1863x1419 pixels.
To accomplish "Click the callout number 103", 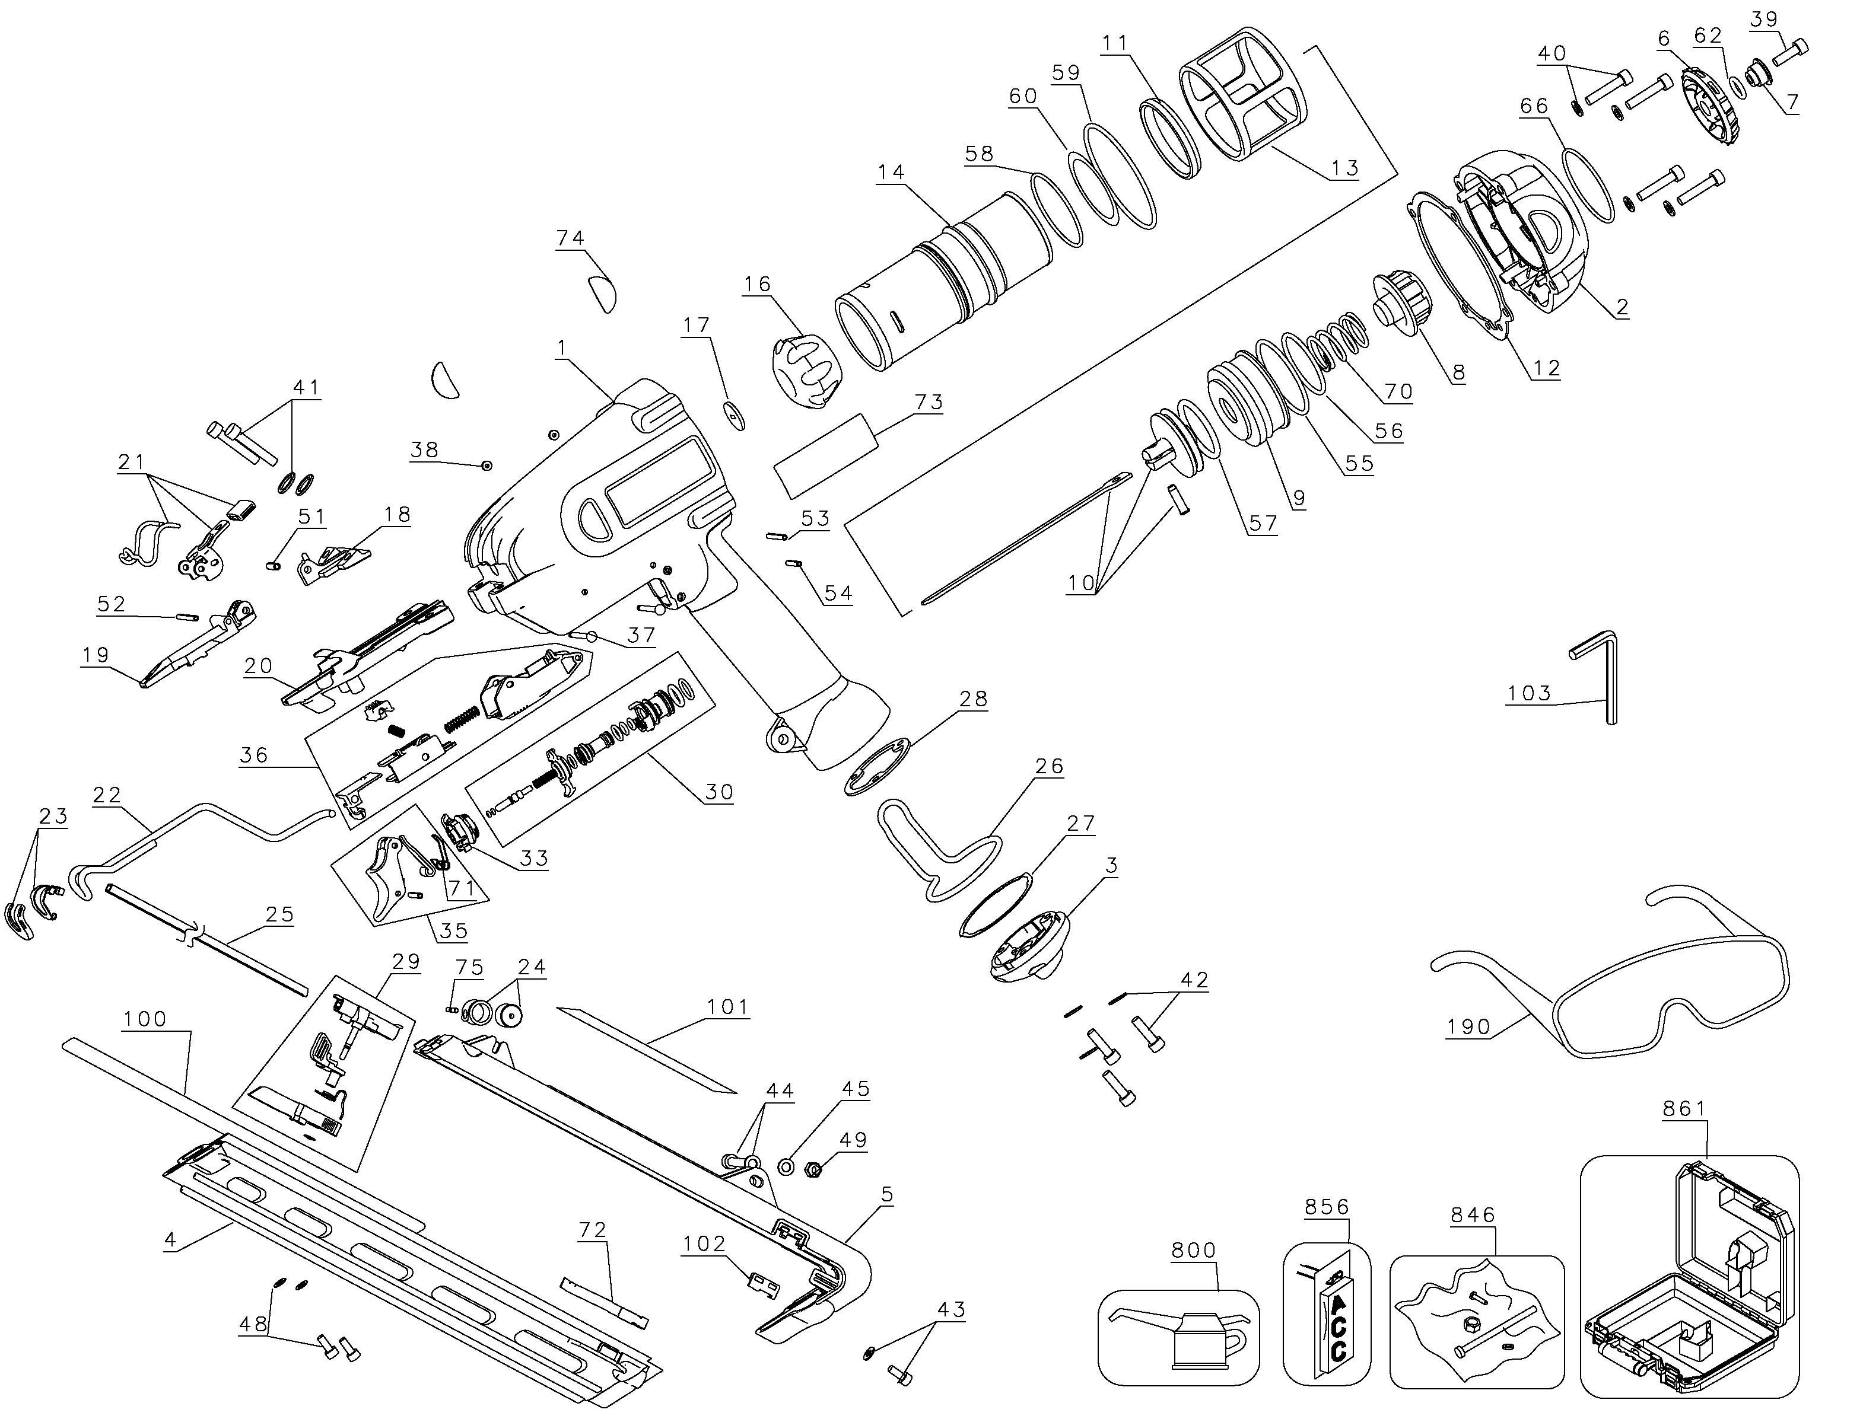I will pyautogui.click(x=1530, y=693).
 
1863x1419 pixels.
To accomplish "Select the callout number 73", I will pyautogui.click(x=929, y=402).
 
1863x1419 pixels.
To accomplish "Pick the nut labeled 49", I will pyautogui.click(x=813, y=1171).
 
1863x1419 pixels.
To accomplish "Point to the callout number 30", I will pyautogui.click(x=719, y=792).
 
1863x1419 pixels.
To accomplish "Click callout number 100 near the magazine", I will pyautogui.click(x=145, y=1019).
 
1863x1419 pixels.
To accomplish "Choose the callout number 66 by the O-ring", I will pyautogui.click(x=1534, y=106).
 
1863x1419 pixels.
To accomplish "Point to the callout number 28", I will pyautogui.click(x=973, y=699).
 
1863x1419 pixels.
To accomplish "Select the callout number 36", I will pyautogui.click(x=253, y=754).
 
